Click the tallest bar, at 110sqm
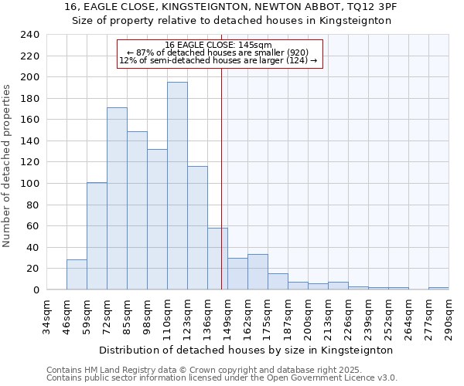(177, 185)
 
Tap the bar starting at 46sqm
(77, 275)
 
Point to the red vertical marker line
(222, 178)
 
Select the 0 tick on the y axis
(36, 290)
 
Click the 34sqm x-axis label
(46, 317)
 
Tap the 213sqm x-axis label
(328, 317)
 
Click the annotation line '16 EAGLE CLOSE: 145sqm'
(219, 46)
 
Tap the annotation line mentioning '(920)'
(219, 52)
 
